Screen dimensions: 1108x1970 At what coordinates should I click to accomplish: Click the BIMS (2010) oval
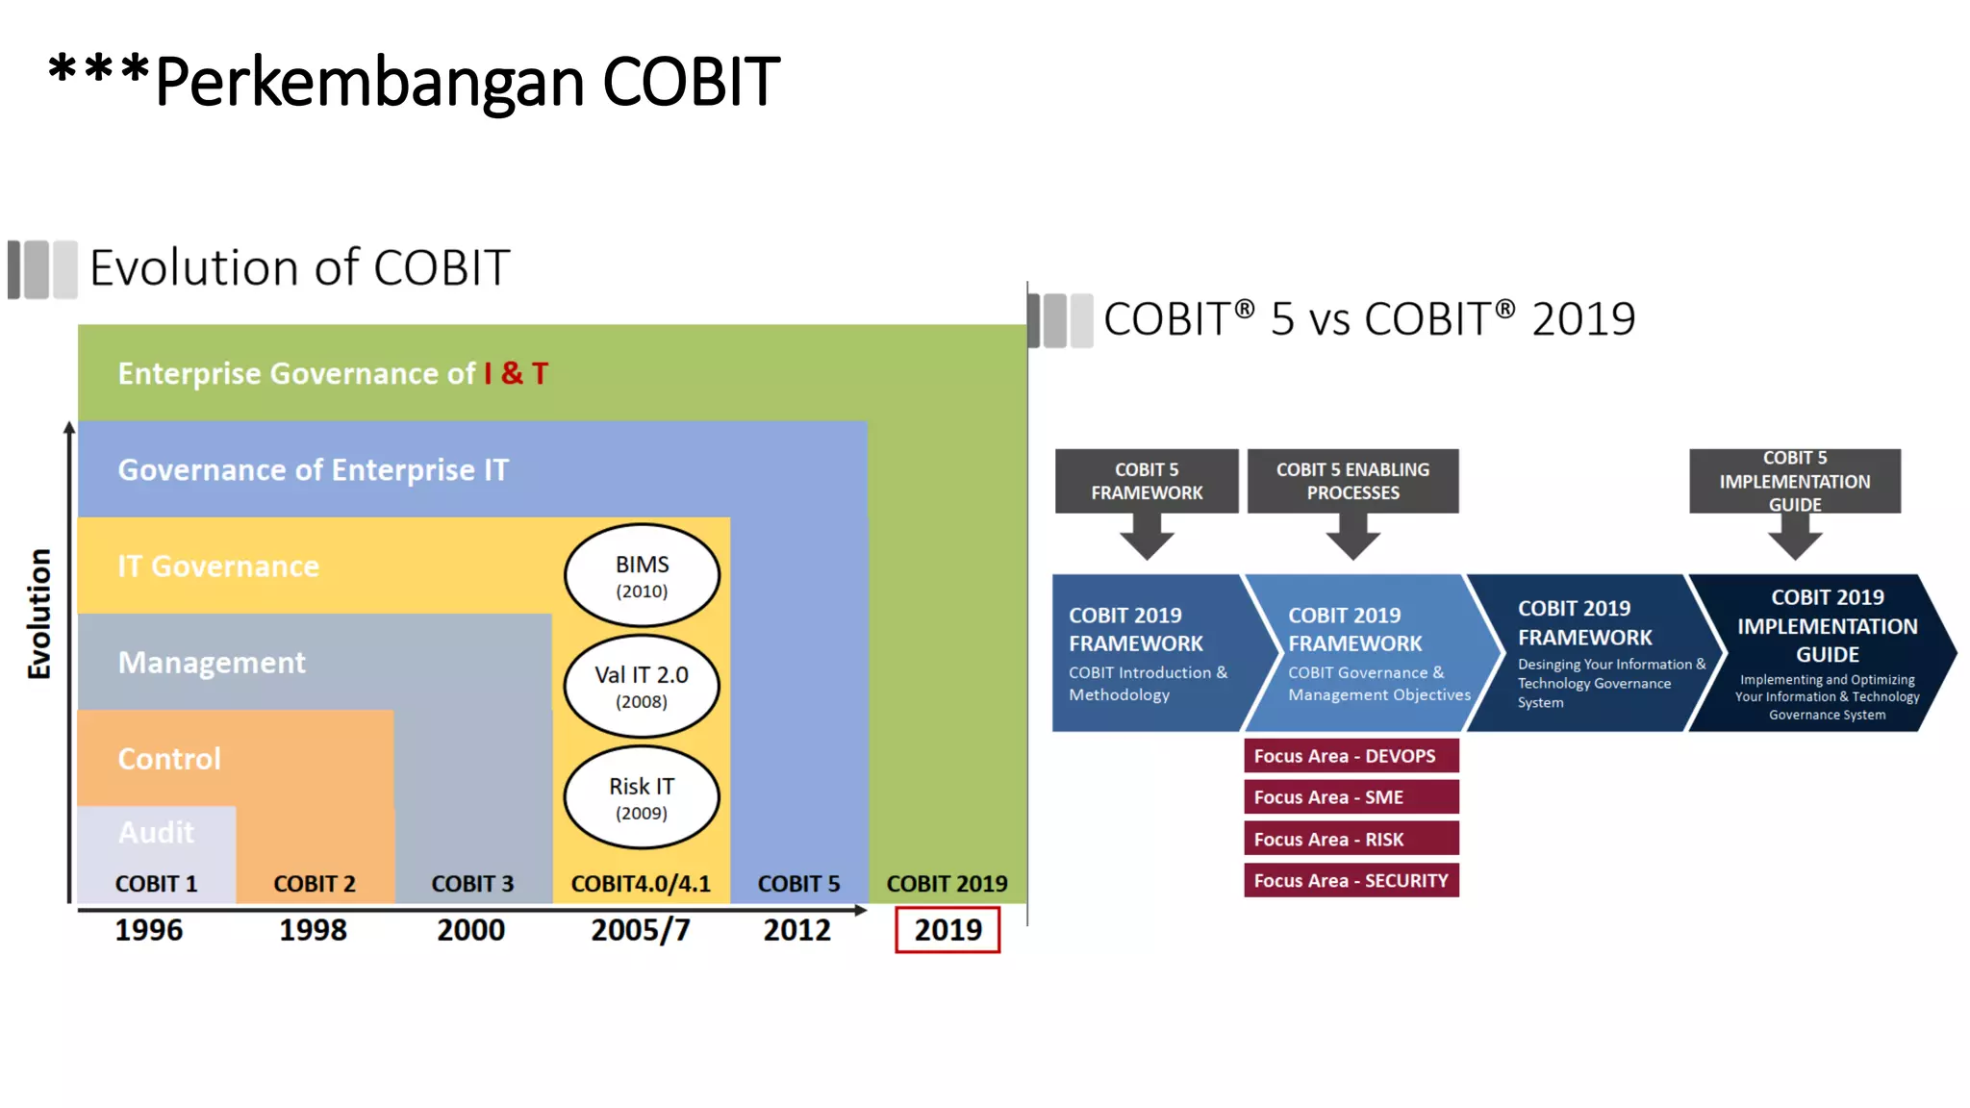[x=642, y=575]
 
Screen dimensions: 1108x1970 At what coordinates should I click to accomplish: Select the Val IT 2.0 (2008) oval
[x=642, y=686]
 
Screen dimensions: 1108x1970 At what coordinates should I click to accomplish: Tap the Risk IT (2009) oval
[x=642, y=797]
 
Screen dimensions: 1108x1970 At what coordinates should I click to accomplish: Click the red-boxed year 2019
[x=947, y=929]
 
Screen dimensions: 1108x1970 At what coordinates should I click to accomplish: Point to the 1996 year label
[x=148, y=929]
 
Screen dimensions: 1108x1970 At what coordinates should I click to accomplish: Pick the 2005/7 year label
[x=640, y=929]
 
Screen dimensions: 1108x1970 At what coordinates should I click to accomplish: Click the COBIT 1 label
[x=156, y=883]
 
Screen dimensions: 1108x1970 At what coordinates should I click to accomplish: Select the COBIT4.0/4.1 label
[x=641, y=883]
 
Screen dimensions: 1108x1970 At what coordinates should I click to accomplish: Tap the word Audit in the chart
[x=156, y=832]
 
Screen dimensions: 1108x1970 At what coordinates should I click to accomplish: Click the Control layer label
[x=169, y=759]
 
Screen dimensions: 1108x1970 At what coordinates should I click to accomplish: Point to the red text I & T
[x=516, y=373]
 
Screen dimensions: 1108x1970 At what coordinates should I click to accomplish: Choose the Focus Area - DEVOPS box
[x=1351, y=756]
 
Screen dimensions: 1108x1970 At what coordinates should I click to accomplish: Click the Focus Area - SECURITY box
[x=1351, y=880]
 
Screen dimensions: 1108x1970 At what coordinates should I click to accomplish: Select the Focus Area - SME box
[x=1351, y=797]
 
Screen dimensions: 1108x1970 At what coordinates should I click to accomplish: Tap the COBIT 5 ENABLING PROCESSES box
[x=1352, y=481]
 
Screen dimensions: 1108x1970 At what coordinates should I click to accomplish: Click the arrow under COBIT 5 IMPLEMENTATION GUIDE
[x=1795, y=537]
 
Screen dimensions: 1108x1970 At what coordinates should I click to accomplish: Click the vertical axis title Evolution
[x=39, y=614]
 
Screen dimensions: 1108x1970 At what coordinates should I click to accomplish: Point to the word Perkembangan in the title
[x=369, y=82]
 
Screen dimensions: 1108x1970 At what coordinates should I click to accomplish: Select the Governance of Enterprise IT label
[x=313, y=469]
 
